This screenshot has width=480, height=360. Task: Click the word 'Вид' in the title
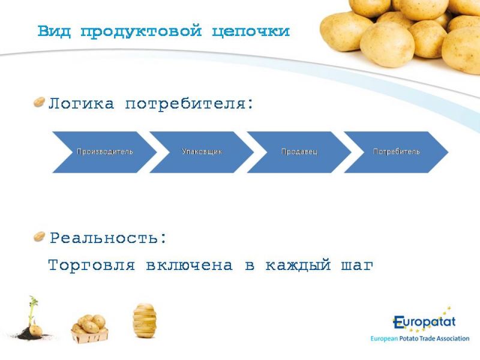(54, 32)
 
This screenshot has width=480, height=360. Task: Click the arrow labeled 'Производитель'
(104, 152)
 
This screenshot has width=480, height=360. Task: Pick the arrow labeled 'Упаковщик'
(202, 152)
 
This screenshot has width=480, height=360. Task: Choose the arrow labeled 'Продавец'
(299, 152)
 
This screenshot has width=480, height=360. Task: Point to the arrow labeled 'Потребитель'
(396, 152)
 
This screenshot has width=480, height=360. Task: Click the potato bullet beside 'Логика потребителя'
(39, 102)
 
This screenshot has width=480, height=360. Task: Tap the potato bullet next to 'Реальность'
(39, 236)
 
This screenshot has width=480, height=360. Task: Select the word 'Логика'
(82, 103)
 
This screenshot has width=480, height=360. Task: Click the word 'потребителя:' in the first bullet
(190, 104)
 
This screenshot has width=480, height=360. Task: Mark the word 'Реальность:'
(109, 238)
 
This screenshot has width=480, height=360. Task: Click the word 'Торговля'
(92, 265)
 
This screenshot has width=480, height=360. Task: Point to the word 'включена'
(189, 265)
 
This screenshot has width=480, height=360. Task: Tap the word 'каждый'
(298, 265)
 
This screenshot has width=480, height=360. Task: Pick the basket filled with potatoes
(89, 329)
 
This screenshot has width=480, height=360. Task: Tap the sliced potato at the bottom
(145, 320)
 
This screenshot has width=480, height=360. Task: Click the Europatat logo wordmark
(424, 323)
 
